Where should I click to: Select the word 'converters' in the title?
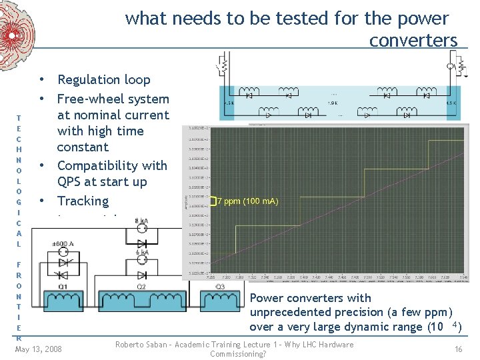pyautogui.click(x=413, y=41)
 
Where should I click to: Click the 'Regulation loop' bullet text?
pyautogui.click(x=104, y=80)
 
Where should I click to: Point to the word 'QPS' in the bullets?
pyautogui.click(x=71, y=182)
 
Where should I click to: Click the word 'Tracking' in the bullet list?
pyautogui.click(x=83, y=201)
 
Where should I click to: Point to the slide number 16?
pyautogui.click(x=459, y=349)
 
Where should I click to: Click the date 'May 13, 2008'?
pyautogui.click(x=38, y=349)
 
